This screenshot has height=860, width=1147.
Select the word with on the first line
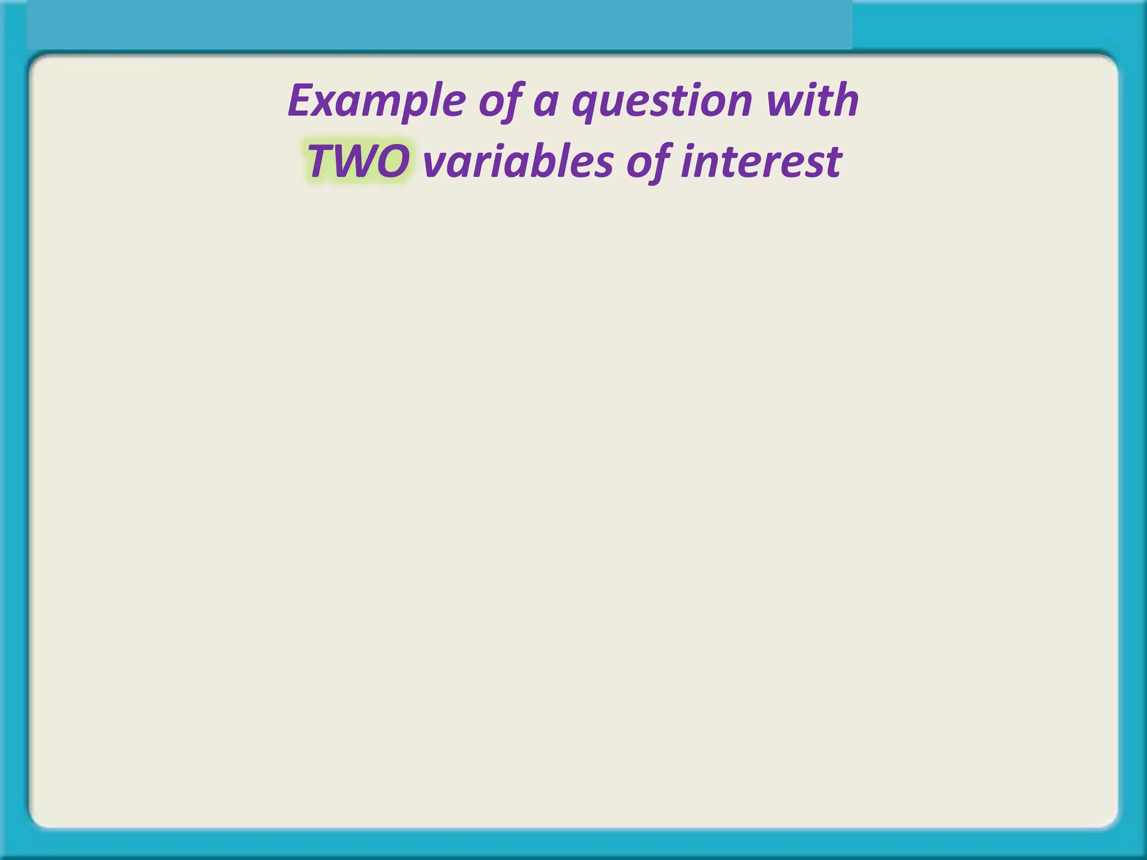813,101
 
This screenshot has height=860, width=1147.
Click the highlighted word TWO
358,162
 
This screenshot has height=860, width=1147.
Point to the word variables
518,162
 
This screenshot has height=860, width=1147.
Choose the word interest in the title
761,162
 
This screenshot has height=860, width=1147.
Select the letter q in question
585,106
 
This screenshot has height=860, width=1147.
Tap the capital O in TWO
392,162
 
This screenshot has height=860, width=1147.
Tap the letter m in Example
381,103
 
